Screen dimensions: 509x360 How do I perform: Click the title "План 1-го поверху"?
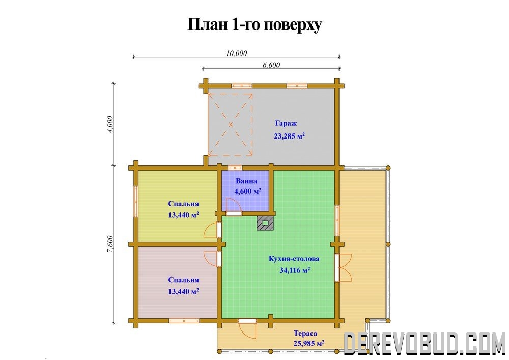pos(254,24)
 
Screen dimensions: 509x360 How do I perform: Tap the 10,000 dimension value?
pos(236,53)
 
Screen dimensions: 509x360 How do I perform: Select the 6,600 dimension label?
pos(271,65)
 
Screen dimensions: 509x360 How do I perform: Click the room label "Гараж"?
pos(286,123)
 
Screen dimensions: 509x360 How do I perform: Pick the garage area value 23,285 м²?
pos(290,135)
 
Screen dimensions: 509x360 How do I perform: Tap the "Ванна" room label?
pos(246,181)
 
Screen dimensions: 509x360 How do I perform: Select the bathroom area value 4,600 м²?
pos(248,191)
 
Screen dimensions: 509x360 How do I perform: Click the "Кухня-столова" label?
pos(294,259)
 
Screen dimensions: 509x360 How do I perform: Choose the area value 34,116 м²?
pos(295,270)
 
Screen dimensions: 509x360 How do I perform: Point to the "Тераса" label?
pos(305,333)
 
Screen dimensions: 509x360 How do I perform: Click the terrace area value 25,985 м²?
pos(309,343)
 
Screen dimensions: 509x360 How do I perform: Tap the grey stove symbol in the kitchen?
pos(265,224)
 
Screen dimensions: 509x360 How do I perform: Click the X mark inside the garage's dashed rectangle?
pos(231,124)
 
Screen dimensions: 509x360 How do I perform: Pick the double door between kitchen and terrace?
pos(344,267)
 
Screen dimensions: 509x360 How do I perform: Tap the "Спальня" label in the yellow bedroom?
pos(183,204)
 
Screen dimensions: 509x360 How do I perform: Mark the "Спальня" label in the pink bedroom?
pos(183,280)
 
